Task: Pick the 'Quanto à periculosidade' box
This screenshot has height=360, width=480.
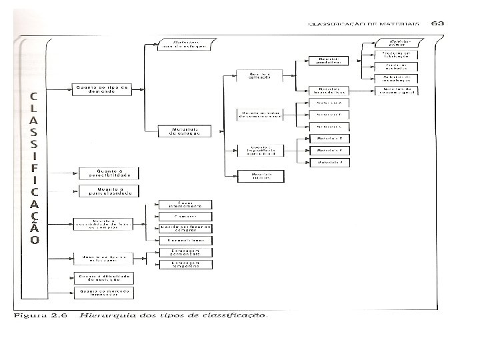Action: pos(109,191)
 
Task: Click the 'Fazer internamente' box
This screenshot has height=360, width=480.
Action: pos(185,204)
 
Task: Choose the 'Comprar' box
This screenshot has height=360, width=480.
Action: pos(185,216)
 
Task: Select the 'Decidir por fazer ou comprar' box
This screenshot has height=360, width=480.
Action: pos(185,228)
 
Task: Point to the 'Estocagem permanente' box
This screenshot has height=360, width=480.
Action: pos(185,253)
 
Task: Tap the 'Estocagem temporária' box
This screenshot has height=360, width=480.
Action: pos(185,265)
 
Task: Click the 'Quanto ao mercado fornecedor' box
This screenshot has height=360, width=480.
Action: pos(105,292)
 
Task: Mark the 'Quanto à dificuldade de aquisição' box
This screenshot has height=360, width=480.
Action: pos(105,277)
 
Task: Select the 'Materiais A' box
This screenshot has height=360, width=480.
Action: pos(329,103)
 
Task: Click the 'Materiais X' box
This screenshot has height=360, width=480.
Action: pos(329,138)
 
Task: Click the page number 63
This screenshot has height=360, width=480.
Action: pos(438,23)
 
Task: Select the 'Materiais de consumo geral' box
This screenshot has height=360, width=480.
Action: pos(395,91)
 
